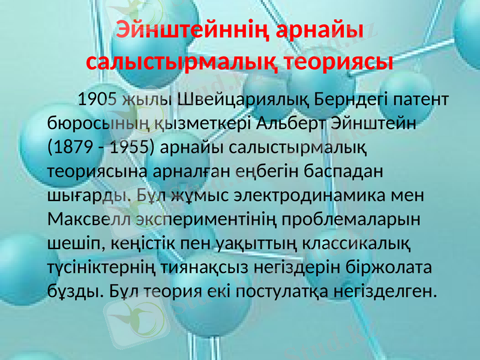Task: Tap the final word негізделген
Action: click(386, 292)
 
